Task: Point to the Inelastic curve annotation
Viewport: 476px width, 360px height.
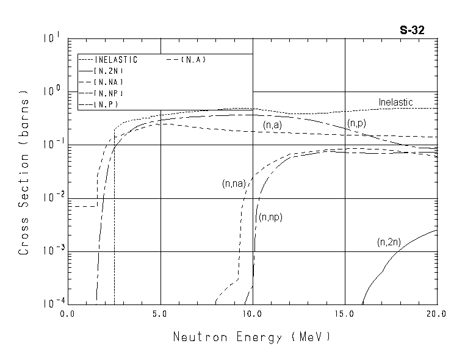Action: click(395, 102)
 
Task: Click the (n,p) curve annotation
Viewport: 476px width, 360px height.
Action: click(356, 123)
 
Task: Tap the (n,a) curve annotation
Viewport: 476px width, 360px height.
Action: click(272, 124)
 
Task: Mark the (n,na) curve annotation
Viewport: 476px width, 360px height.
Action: click(233, 183)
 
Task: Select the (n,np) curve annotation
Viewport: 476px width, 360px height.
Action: click(270, 217)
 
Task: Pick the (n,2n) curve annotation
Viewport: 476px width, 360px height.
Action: click(388, 242)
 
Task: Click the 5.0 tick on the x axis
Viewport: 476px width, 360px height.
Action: click(160, 314)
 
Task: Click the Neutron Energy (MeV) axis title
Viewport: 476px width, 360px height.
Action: click(252, 337)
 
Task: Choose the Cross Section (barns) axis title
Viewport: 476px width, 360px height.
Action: click(24, 174)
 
